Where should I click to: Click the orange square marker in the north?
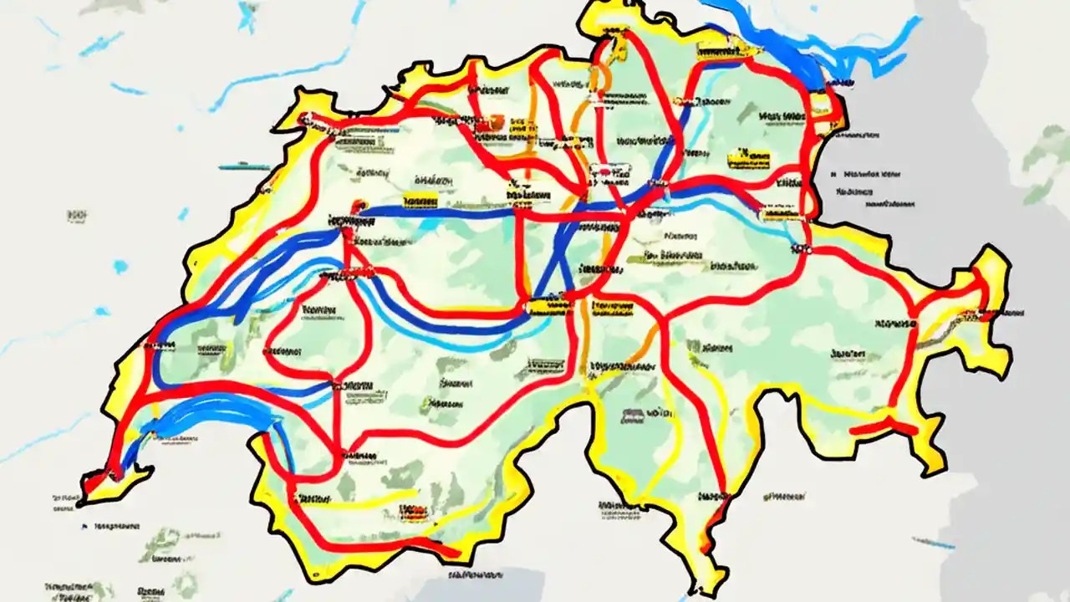tap(497, 122)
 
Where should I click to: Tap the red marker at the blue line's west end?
tap(359, 205)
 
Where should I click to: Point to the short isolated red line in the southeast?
tap(882, 427)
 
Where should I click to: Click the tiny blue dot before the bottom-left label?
tap(85, 527)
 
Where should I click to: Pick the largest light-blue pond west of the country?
tap(121, 267)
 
